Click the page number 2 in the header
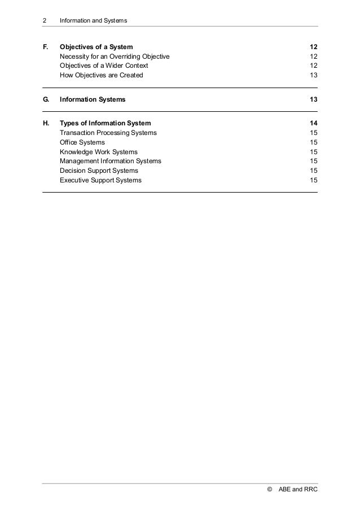click(x=44, y=21)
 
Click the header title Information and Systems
click(x=93, y=21)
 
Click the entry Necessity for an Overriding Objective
click(x=115, y=57)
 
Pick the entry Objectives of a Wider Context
click(x=104, y=66)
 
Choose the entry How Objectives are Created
click(x=102, y=75)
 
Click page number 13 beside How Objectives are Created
click(x=313, y=75)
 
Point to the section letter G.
click(x=45, y=99)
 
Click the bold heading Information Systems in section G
click(x=93, y=99)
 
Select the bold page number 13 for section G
click(x=313, y=99)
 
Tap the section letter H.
click(x=45, y=123)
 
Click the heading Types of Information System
click(x=106, y=123)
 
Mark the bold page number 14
click(x=313, y=123)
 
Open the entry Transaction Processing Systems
click(x=109, y=133)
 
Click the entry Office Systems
click(x=82, y=142)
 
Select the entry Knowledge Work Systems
click(x=99, y=152)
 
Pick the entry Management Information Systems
click(x=111, y=161)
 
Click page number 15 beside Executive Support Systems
click(x=313, y=180)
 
